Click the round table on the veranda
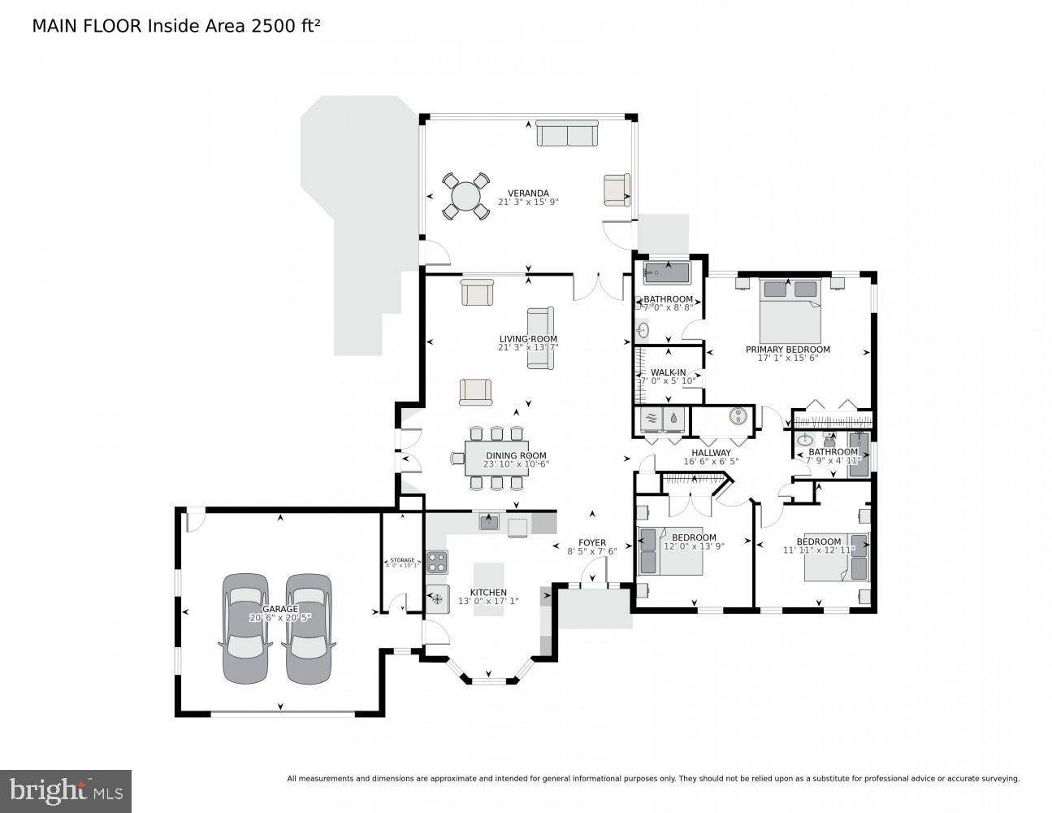point(465,197)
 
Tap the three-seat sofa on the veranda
point(567,135)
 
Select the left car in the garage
point(246,627)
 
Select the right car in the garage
point(309,627)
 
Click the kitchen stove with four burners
point(437,562)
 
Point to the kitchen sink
point(489,522)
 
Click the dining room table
point(496,459)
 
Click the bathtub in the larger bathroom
point(666,272)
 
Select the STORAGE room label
point(402,560)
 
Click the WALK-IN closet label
point(668,372)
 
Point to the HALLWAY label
point(711,453)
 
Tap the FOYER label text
point(591,542)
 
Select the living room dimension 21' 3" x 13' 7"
point(528,348)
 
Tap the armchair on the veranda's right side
point(617,190)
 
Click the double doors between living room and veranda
point(597,287)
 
